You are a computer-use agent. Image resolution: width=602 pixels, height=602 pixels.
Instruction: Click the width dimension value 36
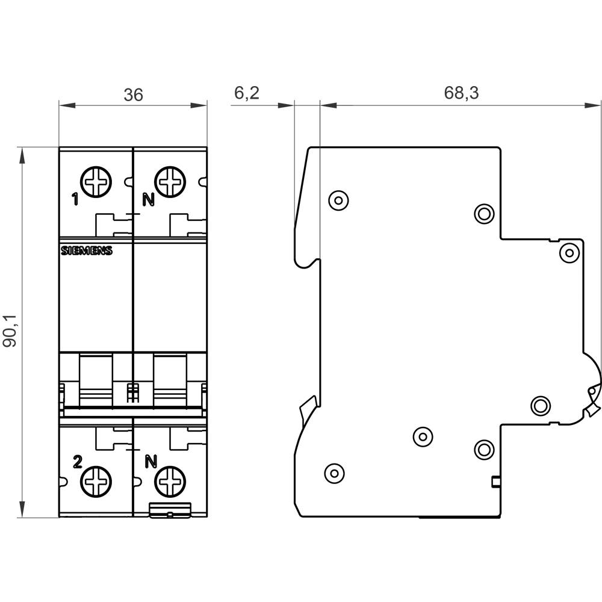tap(134, 95)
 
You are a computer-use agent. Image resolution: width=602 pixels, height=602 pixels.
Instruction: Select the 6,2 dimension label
tap(246, 93)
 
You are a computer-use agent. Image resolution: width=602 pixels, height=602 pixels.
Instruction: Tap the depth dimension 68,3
tap(461, 93)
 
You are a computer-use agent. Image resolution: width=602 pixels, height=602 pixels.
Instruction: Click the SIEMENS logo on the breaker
tap(87, 252)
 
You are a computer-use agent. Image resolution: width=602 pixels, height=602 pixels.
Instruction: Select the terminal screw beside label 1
tap(97, 181)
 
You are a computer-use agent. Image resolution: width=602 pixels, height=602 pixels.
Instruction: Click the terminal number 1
tap(75, 200)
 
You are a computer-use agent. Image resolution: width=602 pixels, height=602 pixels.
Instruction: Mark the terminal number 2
tap(76, 462)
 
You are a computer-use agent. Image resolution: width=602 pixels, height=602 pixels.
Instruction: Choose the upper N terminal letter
tap(147, 200)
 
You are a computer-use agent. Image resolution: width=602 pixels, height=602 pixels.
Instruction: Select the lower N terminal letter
tap(151, 462)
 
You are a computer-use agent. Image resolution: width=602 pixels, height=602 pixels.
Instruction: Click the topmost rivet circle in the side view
tap(338, 199)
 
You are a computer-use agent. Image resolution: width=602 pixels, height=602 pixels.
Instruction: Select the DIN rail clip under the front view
tap(170, 511)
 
